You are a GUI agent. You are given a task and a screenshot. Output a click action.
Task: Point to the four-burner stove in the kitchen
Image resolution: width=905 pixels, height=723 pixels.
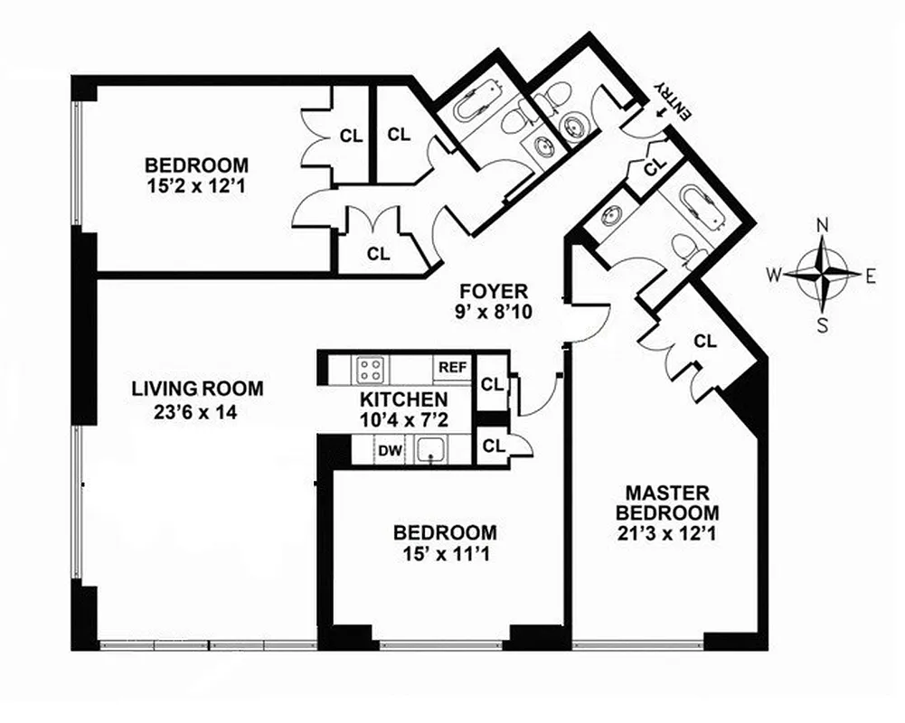coord(370,369)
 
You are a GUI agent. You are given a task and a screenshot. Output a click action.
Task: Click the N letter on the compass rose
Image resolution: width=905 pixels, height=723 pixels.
coord(823,226)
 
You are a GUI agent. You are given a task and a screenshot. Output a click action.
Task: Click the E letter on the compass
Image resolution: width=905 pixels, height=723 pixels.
coord(871,277)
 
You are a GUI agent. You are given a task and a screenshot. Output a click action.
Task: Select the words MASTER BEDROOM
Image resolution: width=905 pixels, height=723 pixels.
coord(667,502)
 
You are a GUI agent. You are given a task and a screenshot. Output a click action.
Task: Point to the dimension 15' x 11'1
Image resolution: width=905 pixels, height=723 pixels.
coord(443,552)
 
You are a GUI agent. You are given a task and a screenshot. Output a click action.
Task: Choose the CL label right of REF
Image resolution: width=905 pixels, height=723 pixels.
coord(492,383)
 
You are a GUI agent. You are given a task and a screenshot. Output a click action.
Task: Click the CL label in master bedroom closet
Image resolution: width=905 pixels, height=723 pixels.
coord(705,342)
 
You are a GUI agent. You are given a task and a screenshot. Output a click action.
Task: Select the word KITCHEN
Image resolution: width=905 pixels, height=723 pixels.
coord(402,399)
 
